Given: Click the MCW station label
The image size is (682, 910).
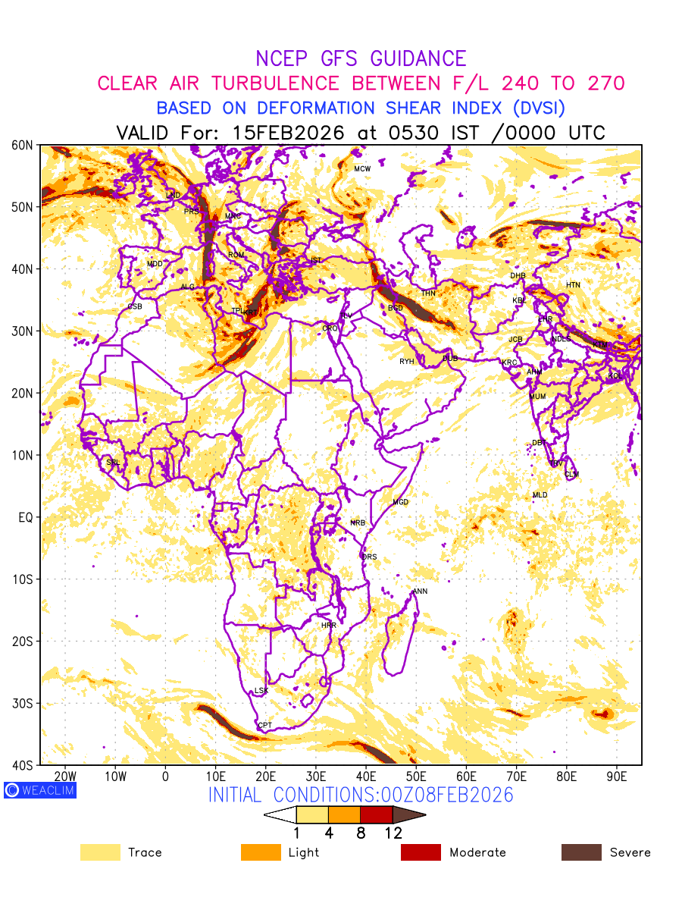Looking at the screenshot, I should tap(362, 168).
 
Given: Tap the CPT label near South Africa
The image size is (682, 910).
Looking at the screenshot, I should tap(264, 726).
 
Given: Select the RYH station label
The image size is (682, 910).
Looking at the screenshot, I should tap(407, 362).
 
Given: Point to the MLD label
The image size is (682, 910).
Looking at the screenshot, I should tap(540, 495).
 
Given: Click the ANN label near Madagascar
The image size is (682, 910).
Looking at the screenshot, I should tap(420, 591).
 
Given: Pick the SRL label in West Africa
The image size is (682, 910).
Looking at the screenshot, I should tap(113, 462).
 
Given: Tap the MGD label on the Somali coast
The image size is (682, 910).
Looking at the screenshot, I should tap(400, 503).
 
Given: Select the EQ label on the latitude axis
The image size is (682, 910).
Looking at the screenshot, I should tap(25, 517).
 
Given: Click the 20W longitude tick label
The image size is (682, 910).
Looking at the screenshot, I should tap(66, 777).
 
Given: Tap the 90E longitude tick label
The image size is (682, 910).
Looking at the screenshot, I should tap(616, 777).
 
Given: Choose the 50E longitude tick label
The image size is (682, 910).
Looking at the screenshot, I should tap(416, 777).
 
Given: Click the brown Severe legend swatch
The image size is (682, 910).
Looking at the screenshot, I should tap(581, 852).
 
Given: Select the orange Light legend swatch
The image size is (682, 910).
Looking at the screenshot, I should tap(261, 852).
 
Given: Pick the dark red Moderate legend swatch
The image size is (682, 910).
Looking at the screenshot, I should tap(421, 852).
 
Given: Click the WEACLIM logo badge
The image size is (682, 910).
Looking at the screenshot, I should tap(39, 790).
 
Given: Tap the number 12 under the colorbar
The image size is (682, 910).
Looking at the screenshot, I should tap(393, 833).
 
